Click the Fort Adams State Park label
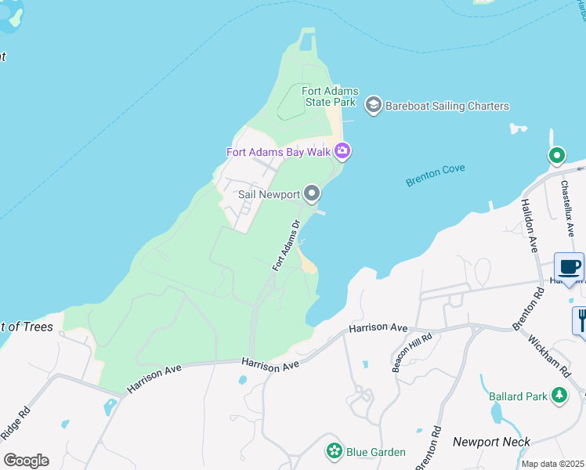coord(329,96)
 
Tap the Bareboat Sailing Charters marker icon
coord(373,106)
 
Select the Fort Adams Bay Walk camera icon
coord(342,150)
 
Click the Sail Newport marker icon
coord(312,193)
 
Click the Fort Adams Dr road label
coord(288,246)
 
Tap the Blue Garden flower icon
coord(335,451)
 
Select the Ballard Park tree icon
coord(559,396)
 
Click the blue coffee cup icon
coord(569,267)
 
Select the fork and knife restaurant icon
coord(581,320)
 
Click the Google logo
coord(26,460)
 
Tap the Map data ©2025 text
coord(553,464)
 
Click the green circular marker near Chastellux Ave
coord(556,156)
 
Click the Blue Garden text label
coord(377,452)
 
